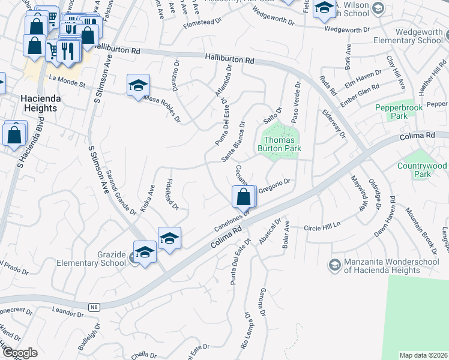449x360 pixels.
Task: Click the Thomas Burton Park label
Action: click(x=279, y=143)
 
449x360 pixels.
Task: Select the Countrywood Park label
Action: click(x=423, y=170)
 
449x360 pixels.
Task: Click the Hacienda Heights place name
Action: click(x=30, y=103)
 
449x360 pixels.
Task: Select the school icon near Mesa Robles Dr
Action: click(x=138, y=85)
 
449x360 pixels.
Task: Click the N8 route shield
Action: click(x=93, y=307)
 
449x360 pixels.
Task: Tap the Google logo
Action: click(x=20, y=353)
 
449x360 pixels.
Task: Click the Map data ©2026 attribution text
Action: click(x=423, y=355)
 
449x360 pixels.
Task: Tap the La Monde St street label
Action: click(x=68, y=79)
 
